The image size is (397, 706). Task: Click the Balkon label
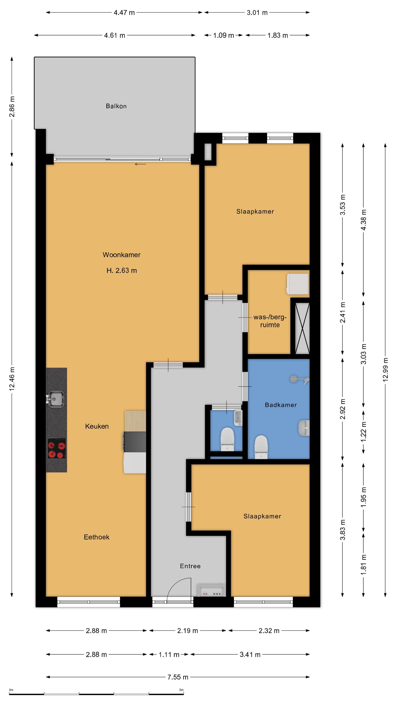(116, 106)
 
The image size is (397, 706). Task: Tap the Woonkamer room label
(122, 255)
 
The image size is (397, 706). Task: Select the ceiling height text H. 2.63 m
(122, 271)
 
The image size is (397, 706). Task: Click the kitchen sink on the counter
(56, 399)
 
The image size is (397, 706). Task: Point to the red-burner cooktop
(57, 448)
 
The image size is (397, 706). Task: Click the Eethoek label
(96, 537)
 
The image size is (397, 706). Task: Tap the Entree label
(190, 566)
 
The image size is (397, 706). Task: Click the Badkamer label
(281, 405)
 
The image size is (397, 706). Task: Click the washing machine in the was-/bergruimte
(297, 284)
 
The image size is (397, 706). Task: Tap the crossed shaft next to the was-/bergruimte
(302, 328)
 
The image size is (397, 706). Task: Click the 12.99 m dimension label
(385, 370)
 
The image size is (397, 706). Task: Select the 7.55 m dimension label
(178, 677)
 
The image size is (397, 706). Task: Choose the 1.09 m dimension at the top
(224, 35)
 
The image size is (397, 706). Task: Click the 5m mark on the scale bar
(181, 690)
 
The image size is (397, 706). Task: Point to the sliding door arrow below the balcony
(140, 164)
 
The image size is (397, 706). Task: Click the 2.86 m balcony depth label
(12, 106)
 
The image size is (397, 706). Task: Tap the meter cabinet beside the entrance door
(211, 590)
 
